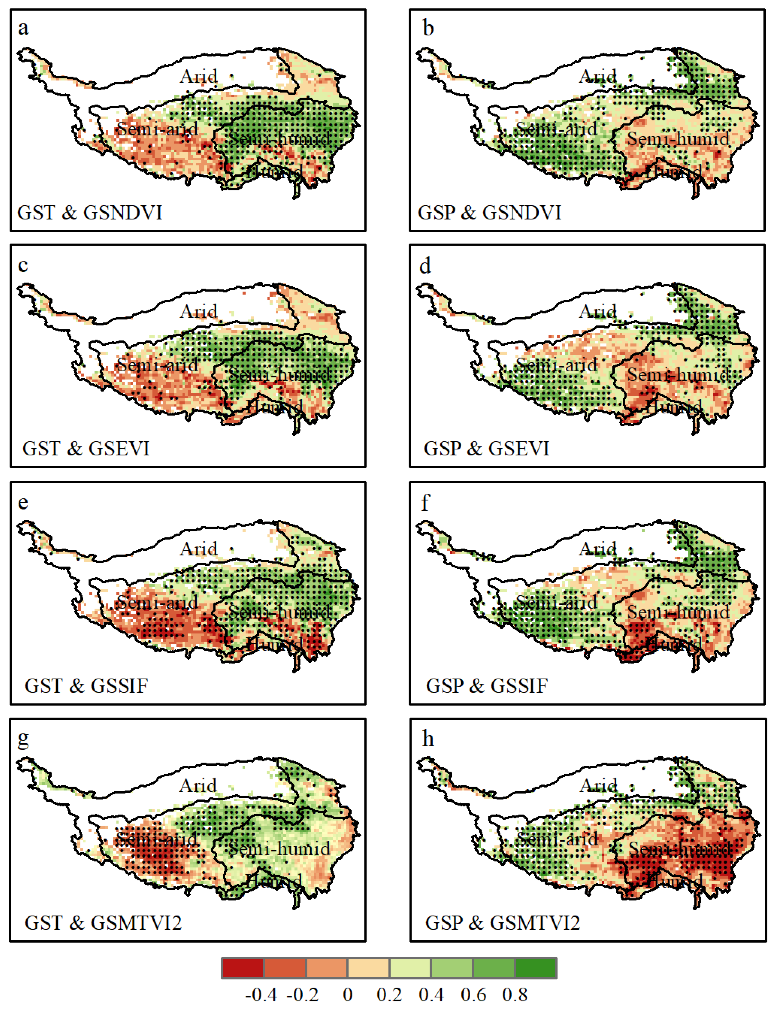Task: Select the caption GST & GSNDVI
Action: [x=90, y=213]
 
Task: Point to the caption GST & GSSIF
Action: [x=86, y=686]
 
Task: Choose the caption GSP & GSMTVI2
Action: [x=502, y=923]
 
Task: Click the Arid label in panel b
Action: [x=598, y=76]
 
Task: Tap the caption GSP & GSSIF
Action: [x=487, y=686]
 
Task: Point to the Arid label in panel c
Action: [x=198, y=311]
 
